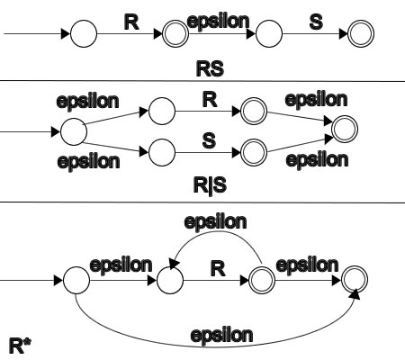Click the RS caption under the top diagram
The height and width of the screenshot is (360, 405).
[210, 68]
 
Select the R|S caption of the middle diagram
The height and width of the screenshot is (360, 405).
[210, 185]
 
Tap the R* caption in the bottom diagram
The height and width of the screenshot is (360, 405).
[20, 346]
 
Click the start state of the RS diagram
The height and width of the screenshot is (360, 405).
[84, 33]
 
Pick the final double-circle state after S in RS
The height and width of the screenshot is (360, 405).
[361, 33]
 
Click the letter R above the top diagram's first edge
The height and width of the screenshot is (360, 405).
[131, 22]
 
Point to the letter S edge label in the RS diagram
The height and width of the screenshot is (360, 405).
[316, 22]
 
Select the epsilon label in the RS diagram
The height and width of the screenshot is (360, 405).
[218, 21]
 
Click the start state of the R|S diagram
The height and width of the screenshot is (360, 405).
[74, 131]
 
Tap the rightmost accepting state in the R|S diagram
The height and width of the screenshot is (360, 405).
[345, 129]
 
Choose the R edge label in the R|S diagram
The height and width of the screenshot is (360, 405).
[210, 100]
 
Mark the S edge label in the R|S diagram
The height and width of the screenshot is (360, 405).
[209, 140]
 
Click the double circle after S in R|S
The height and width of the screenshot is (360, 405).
[254, 152]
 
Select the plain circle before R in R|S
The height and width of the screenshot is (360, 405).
[162, 111]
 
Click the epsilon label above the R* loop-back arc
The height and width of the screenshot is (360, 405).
[215, 222]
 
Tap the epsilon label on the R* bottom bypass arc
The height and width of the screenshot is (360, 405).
[221, 335]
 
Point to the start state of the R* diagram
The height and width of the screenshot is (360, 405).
[76, 280]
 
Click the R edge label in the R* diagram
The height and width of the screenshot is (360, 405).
[218, 269]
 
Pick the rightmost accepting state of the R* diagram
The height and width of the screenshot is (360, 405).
[355, 280]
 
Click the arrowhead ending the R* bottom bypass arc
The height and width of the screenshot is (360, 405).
[355, 294]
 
